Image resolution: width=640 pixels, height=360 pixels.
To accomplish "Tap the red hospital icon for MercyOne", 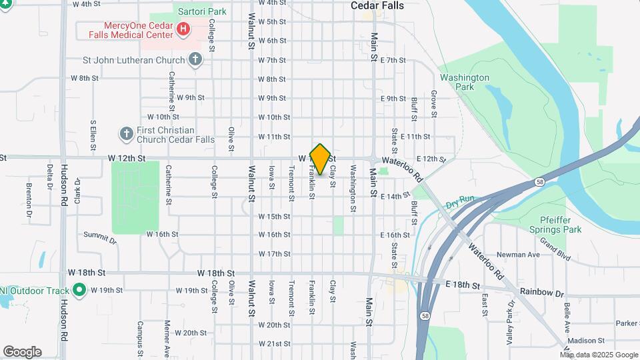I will click(x=183, y=29).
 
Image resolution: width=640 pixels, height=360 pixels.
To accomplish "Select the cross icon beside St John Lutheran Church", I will click(x=195, y=60).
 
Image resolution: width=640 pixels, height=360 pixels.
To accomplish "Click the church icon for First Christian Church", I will click(x=126, y=134).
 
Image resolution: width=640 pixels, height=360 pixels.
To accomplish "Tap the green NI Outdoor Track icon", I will click(x=79, y=290).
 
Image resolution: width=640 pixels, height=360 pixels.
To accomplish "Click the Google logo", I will click(x=22, y=352).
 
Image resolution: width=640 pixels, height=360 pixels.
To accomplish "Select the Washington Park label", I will click(x=465, y=82).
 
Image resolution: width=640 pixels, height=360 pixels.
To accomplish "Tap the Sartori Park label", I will click(x=200, y=11).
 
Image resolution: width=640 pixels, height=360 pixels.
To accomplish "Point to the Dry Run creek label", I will click(x=460, y=199).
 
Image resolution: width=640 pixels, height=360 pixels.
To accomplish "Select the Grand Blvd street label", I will click(x=555, y=249).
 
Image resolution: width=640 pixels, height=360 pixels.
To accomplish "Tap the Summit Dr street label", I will click(x=99, y=235).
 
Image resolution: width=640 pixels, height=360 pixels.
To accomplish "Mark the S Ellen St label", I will click(x=94, y=136).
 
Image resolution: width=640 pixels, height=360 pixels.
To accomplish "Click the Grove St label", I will click(x=433, y=104).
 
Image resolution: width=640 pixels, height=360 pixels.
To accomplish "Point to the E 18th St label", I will click(x=462, y=285).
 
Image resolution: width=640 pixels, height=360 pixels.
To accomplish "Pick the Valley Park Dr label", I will click(x=511, y=321).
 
